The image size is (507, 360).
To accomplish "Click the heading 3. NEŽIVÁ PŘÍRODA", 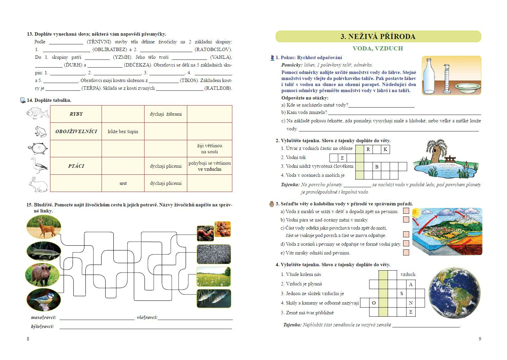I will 378,37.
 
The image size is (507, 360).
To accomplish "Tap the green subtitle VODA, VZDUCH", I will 378,48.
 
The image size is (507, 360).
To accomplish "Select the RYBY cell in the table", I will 76,114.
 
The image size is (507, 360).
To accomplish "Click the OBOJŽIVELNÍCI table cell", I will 76,131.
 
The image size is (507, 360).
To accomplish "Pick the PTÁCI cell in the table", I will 76,166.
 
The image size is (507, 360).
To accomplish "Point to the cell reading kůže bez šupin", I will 123,131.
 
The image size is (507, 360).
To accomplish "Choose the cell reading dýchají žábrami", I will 166,114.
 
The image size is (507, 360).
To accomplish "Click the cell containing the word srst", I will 123,183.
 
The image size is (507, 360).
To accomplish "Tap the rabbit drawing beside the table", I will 38,185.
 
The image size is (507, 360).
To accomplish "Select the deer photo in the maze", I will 44,227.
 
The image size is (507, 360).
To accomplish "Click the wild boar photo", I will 43,275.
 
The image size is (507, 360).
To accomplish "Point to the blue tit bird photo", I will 44,299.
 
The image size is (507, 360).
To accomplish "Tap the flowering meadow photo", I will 213,277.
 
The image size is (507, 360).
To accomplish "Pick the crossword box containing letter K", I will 385,149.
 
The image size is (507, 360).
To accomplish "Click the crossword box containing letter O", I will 374,303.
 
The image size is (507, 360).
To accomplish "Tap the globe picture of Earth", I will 454,293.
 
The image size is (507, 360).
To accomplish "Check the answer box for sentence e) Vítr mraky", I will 406,252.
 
